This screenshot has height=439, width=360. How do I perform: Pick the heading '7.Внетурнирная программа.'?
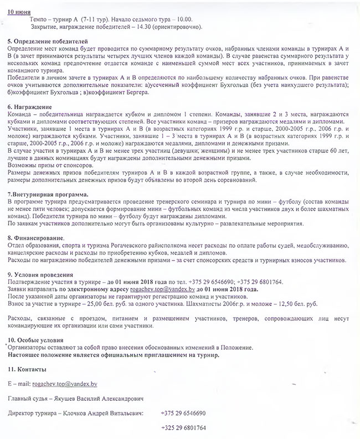[48, 195]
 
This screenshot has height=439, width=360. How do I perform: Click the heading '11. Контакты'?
[27, 369]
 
